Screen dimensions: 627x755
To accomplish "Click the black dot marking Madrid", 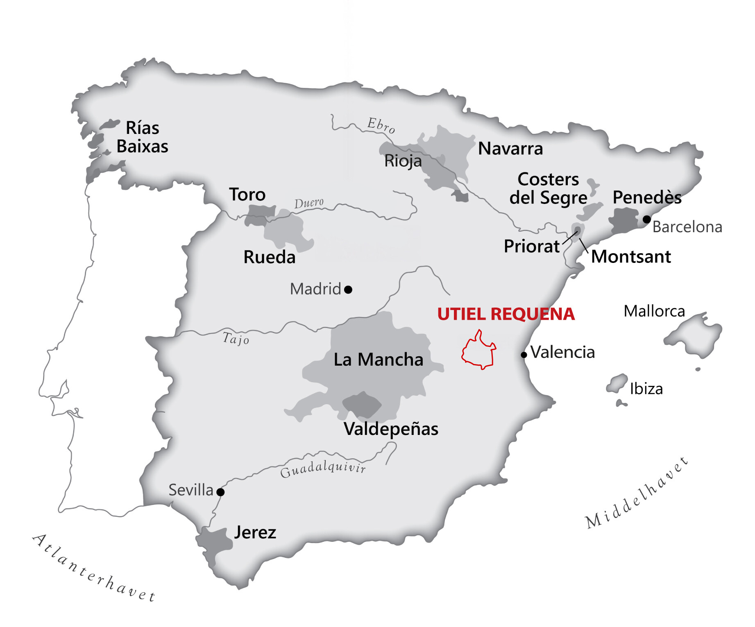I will coord(348,290).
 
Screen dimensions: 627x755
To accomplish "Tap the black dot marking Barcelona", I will coord(646,220).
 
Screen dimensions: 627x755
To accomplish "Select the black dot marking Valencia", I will coord(524,355).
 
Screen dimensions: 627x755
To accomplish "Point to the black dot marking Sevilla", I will coord(220,492).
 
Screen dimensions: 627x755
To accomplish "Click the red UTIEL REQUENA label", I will coord(506,314).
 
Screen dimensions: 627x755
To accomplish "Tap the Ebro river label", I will coord(381,125).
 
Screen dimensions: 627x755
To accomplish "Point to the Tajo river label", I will coord(236,339).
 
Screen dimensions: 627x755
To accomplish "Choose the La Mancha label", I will coord(378,360).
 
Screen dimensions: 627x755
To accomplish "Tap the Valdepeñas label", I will coord(391,429).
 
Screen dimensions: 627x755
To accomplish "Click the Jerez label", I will coord(255,532).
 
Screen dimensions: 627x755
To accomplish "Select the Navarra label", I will coord(510,148).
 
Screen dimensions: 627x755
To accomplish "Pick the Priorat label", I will coord(531,246).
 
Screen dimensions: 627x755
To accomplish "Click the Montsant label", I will coord(631,257).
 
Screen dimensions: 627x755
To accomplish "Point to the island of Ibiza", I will coord(617,383).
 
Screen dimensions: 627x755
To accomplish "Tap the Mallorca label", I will coord(654,311).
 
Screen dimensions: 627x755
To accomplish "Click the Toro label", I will coord(247,195).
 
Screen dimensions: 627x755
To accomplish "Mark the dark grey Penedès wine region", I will coord(623,220).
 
